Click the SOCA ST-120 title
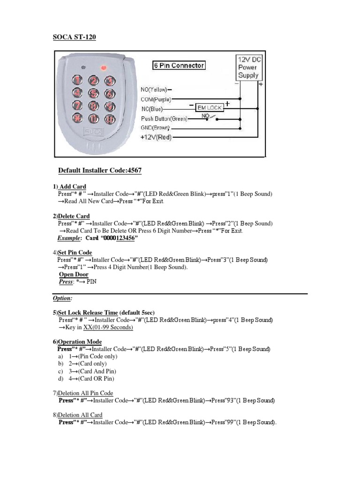(x=74, y=37)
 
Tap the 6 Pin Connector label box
(x=179, y=66)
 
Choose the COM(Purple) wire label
(x=156, y=99)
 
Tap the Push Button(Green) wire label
(x=164, y=119)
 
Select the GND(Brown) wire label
(x=155, y=127)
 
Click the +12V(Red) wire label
(x=157, y=137)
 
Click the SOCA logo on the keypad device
(x=91, y=132)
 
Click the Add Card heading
(x=72, y=187)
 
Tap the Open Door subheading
(x=74, y=274)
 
